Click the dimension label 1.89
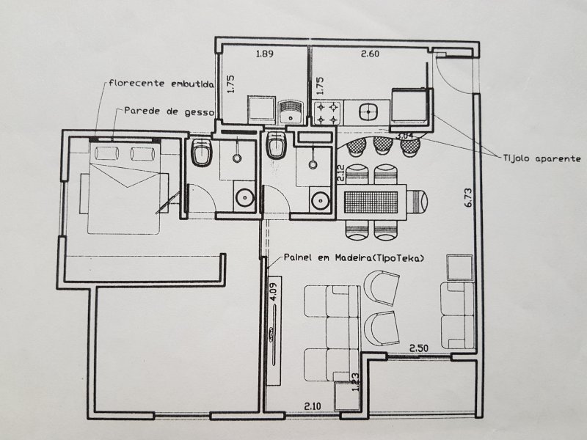263,54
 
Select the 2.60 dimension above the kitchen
369,54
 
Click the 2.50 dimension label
419,348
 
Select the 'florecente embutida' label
161,84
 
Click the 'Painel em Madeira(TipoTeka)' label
355,259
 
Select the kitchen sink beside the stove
368,112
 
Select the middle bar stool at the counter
382,146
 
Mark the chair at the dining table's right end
416,199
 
